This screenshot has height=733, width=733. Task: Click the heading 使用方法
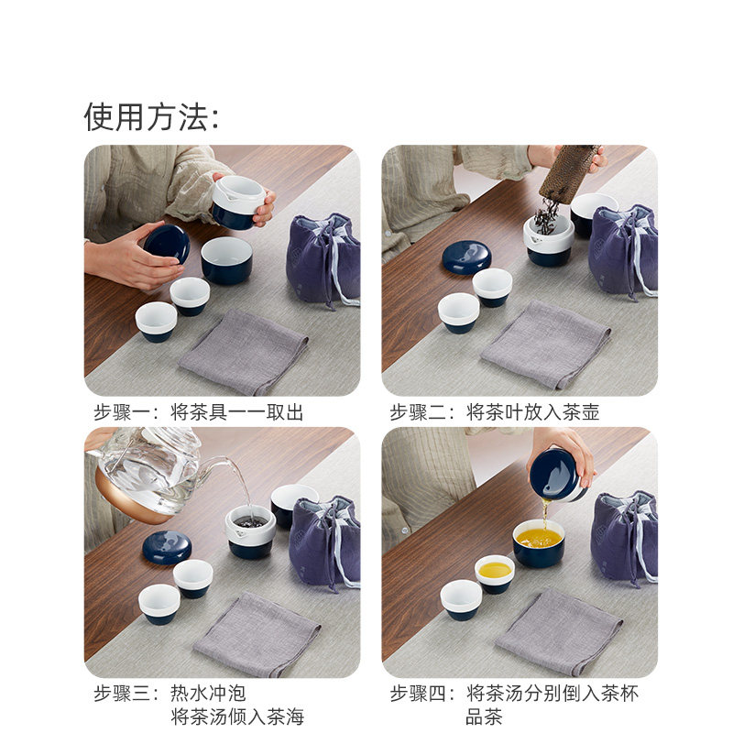click(x=151, y=117)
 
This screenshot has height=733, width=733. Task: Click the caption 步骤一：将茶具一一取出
click(x=198, y=412)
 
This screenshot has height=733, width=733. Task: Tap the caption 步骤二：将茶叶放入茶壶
click(x=495, y=412)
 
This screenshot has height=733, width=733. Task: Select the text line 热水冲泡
click(x=209, y=694)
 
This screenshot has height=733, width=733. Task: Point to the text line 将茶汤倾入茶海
click(x=237, y=717)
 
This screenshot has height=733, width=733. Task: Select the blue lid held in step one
click(x=167, y=245)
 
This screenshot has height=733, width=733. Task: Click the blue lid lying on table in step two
click(x=466, y=257)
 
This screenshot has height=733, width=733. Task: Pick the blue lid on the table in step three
click(x=167, y=547)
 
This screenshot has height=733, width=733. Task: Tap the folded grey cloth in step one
click(x=243, y=351)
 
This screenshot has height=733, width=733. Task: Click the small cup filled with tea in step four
click(x=495, y=573)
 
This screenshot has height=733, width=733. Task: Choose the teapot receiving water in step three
click(x=250, y=531)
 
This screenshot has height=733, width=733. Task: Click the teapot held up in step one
click(x=238, y=202)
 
